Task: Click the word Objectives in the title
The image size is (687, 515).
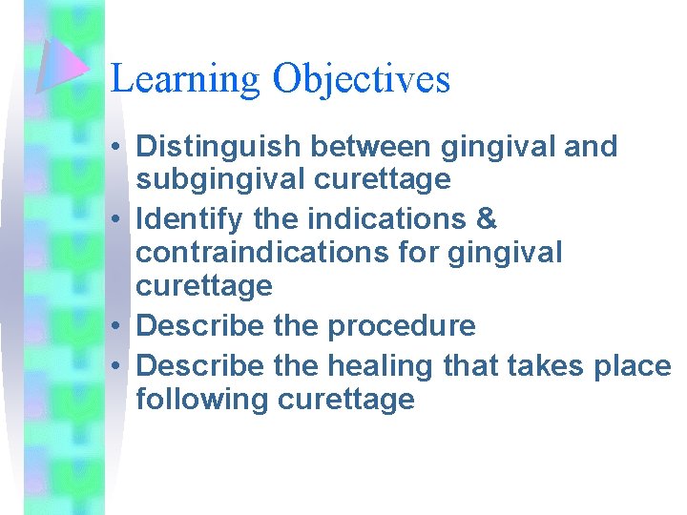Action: click(x=361, y=79)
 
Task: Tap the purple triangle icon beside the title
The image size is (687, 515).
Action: click(x=63, y=66)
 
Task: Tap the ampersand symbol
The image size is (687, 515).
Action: click(x=486, y=219)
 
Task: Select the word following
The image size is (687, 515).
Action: click(x=202, y=399)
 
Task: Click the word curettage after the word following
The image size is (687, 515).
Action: click(x=345, y=399)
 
